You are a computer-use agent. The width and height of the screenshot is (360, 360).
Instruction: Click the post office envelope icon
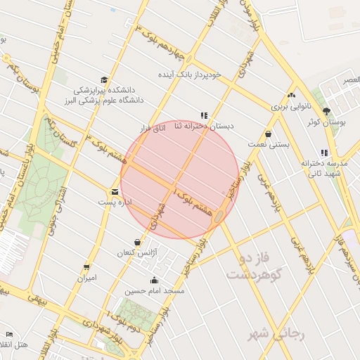click(x=115, y=191)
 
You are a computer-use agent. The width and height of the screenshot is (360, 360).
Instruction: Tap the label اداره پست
click(x=115, y=202)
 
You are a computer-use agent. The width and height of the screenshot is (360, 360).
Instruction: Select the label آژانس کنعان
click(x=136, y=252)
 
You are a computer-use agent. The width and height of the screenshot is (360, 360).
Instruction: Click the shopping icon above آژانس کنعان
click(x=137, y=242)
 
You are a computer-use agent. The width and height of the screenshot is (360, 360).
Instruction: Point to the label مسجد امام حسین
click(x=154, y=290)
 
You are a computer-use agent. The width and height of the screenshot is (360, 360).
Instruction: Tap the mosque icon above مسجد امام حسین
click(x=155, y=281)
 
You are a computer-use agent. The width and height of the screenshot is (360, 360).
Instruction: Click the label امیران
click(x=87, y=278)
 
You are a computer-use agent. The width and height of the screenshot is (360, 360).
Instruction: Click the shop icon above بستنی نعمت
click(x=269, y=134)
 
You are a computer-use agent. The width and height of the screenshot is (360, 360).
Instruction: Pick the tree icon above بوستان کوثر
click(x=326, y=111)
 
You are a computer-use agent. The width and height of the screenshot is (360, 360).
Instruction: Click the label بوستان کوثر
click(x=323, y=122)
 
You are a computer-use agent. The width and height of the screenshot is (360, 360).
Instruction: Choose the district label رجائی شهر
click(x=276, y=335)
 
